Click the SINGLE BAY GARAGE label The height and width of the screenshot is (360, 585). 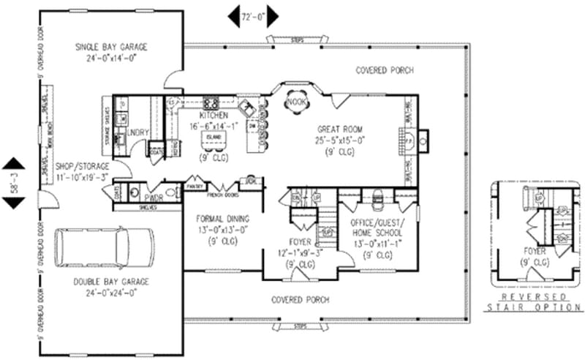111,47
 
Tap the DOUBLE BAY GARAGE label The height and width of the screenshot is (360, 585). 111,281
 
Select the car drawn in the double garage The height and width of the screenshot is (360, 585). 105,250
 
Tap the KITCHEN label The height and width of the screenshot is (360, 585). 214,116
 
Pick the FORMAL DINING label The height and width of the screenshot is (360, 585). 223,218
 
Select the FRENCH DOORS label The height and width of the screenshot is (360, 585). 223,195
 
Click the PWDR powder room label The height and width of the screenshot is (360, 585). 153,198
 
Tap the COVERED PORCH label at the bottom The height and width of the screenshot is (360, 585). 300,300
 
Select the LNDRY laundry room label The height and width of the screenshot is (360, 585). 137,132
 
